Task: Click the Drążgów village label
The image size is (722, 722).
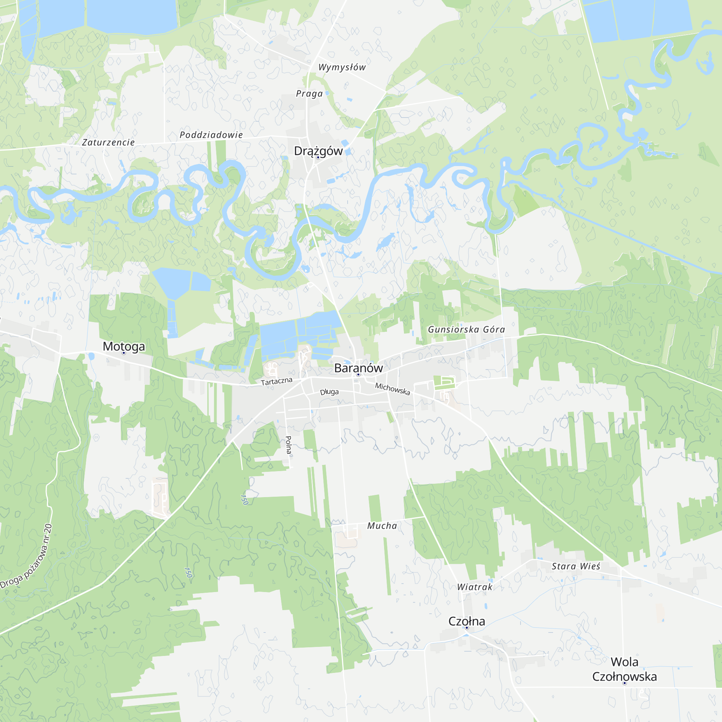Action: (x=318, y=151)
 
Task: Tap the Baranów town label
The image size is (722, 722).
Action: (x=358, y=368)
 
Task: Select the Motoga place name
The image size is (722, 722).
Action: (x=124, y=347)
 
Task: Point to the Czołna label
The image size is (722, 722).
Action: (x=467, y=621)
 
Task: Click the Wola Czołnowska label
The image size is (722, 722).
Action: (x=625, y=669)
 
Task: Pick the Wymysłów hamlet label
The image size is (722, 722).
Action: (x=342, y=67)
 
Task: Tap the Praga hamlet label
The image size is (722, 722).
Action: (x=309, y=93)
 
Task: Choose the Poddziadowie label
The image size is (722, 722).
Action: (x=211, y=135)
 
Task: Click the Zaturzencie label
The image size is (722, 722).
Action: (x=108, y=142)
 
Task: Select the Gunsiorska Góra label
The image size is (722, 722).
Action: (x=466, y=329)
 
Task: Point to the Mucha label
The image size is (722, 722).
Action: (x=382, y=526)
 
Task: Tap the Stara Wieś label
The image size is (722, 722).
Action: (x=576, y=566)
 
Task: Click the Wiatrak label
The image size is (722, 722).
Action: (x=475, y=587)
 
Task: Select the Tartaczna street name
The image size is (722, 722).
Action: (x=277, y=381)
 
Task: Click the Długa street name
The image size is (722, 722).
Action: (x=329, y=392)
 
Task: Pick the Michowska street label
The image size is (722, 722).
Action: (x=392, y=389)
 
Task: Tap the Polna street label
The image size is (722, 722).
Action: (x=288, y=445)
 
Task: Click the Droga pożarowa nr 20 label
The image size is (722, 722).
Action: (x=27, y=556)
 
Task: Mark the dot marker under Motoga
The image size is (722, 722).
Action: (x=124, y=353)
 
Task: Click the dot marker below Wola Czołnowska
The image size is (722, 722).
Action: (x=625, y=683)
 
